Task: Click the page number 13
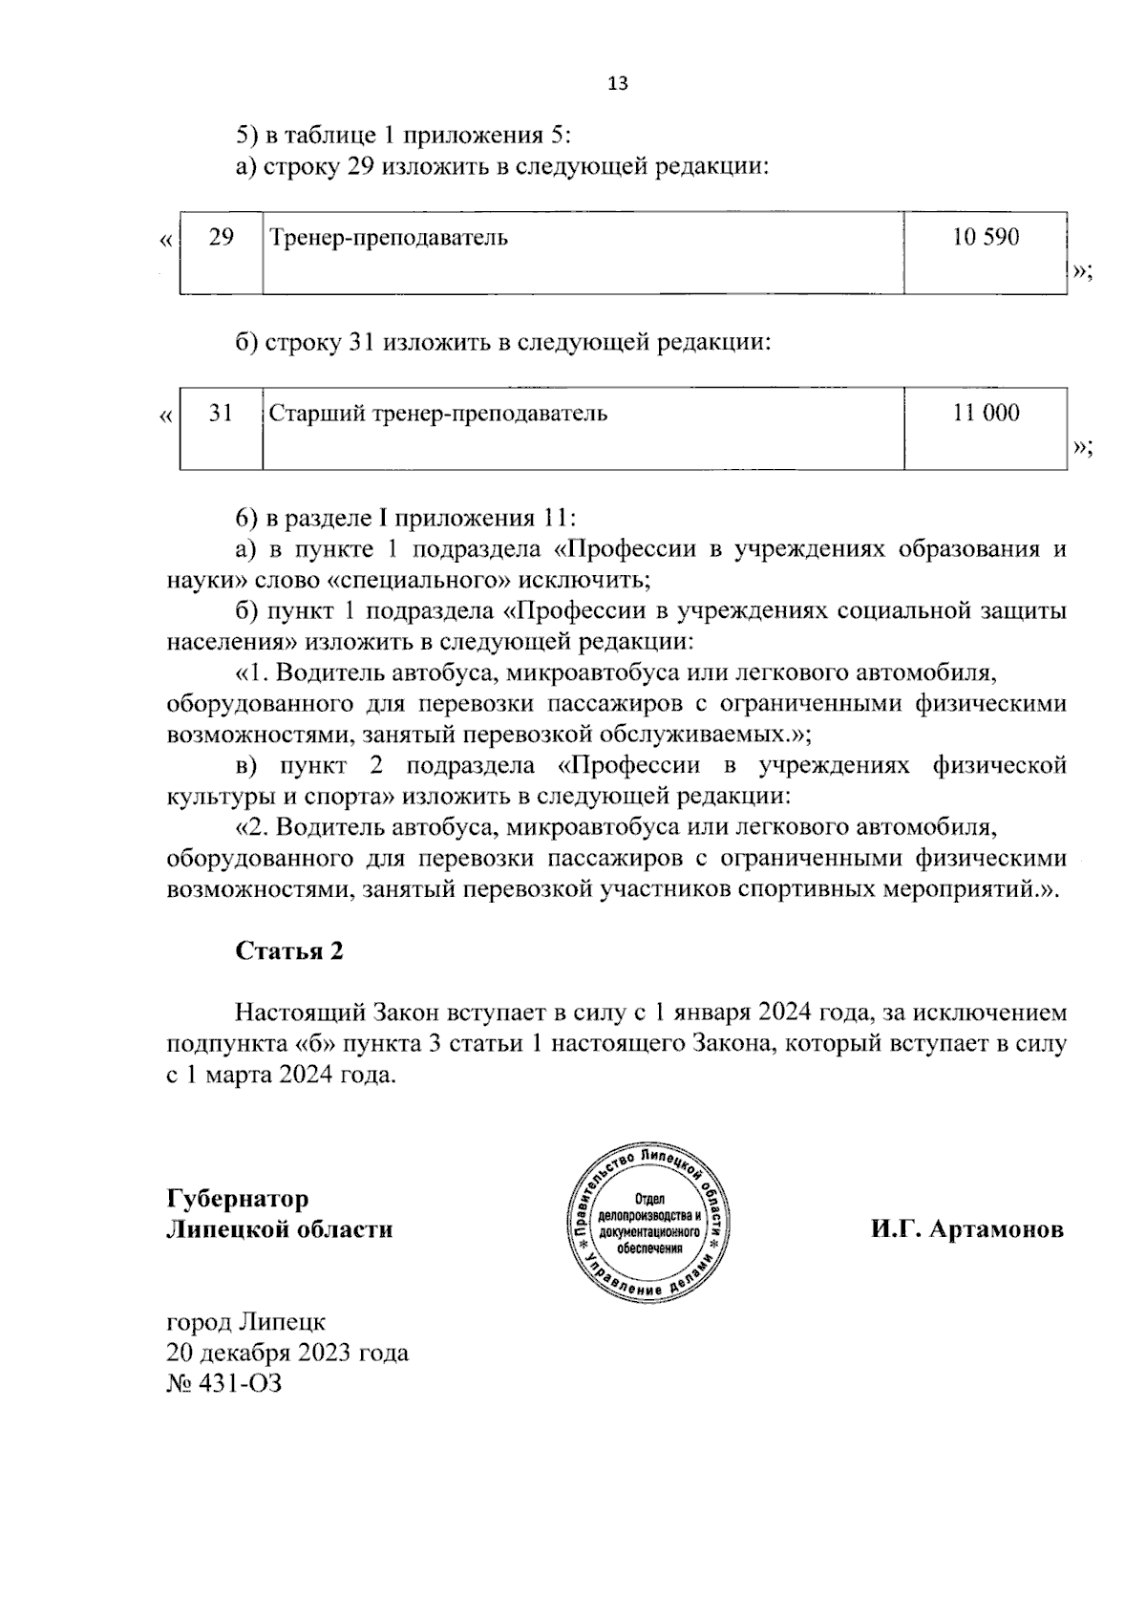click(x=618, y=83)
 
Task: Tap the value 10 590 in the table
click(x=986, y=237)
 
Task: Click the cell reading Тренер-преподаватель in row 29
click(x=388, y=238)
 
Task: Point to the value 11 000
click(x=986, y=413)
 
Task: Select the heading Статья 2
click(x=288, y=951)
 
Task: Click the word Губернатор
click(x=238, y=1199)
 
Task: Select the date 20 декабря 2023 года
click(x=287, y=1353)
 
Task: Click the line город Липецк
click(x=245, y=1322)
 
